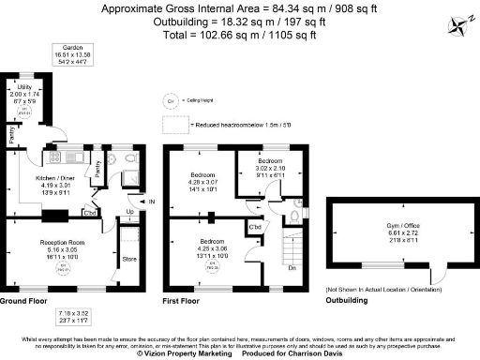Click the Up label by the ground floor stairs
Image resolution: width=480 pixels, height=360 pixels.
[x=129, y=212]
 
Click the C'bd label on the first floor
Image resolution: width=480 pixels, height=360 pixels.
[x=255, y=227]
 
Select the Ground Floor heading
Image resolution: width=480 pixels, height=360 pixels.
[x=25, y=301]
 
